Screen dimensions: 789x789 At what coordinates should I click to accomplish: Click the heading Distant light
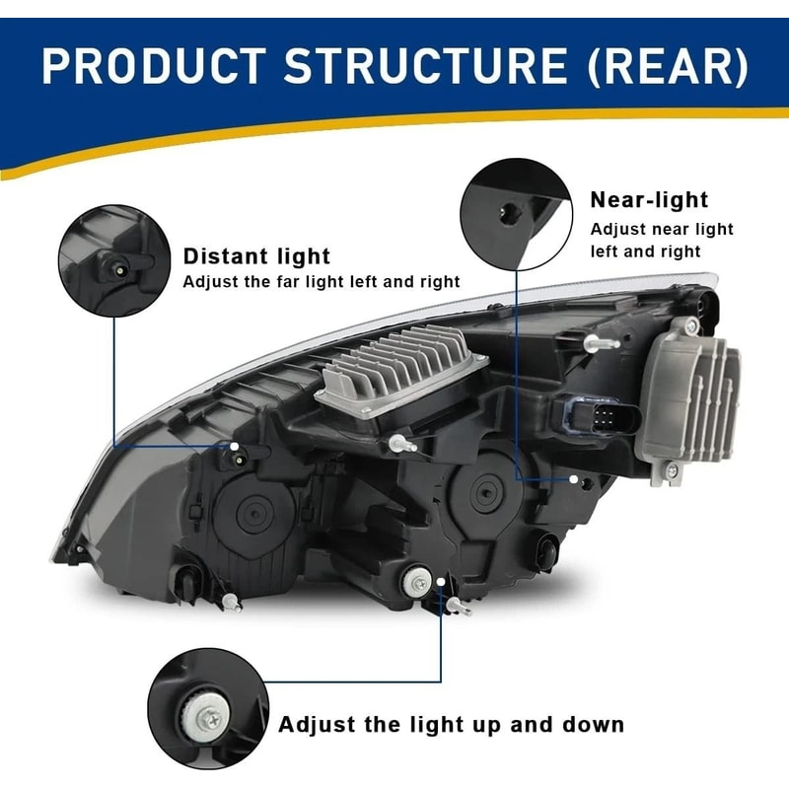point(256,257)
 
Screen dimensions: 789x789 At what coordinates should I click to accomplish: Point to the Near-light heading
point(649,200)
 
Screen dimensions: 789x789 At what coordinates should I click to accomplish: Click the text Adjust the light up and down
point(451,725)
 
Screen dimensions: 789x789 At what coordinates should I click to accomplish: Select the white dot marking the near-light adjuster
point(574,478)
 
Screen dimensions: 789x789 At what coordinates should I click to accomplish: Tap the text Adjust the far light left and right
point(322,282)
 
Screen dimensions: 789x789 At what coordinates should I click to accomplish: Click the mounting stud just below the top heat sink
point(400,443)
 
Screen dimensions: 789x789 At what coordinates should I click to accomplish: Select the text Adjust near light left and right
point(662,240)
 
